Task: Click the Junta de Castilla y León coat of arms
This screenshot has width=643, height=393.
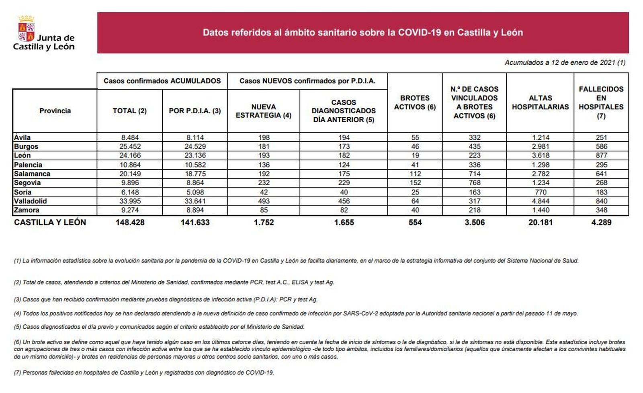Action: [27, 30]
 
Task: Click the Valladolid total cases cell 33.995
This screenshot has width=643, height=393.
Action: [129, 201]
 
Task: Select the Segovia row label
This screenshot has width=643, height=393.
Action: [27, 183]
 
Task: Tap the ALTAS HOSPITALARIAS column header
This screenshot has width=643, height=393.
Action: [540, 102]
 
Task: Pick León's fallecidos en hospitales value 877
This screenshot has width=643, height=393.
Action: [601, 156]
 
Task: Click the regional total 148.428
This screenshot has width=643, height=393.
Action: [129, 222]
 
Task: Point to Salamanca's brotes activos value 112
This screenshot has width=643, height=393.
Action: [415, 174]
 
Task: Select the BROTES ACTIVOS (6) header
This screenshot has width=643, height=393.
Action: [415, 102]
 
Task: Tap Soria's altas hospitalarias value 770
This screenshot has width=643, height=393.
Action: [540, 192]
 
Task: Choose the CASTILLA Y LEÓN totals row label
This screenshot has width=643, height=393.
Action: [50, 222]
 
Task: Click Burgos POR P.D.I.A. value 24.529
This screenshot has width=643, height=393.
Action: [195, 146]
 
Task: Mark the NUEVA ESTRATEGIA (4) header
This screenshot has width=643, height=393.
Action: [263, 111]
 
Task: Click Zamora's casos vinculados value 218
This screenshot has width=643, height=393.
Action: [474, 210]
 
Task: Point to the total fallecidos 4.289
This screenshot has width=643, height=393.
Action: [601, 222]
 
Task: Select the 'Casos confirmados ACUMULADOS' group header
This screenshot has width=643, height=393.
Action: [162, 81]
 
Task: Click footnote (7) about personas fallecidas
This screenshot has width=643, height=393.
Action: [143, 373]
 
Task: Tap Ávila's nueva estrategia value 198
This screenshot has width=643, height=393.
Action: [263, 137]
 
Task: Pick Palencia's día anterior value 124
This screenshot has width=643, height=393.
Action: [344, 165]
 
